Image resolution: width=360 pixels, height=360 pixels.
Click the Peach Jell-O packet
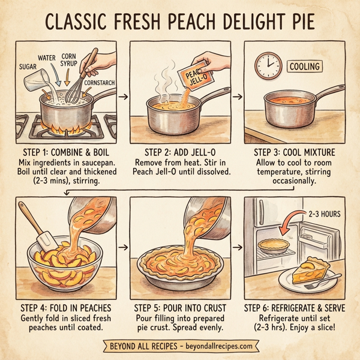click(191, 78)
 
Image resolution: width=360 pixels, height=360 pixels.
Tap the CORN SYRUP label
click(70, 61)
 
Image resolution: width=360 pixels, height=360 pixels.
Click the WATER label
click(47, 58)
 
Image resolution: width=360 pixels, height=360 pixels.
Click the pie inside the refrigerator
click(272, 246)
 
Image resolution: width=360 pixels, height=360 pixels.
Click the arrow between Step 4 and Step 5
click(124, 246)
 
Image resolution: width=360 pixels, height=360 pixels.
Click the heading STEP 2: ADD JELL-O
click(181, 152)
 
